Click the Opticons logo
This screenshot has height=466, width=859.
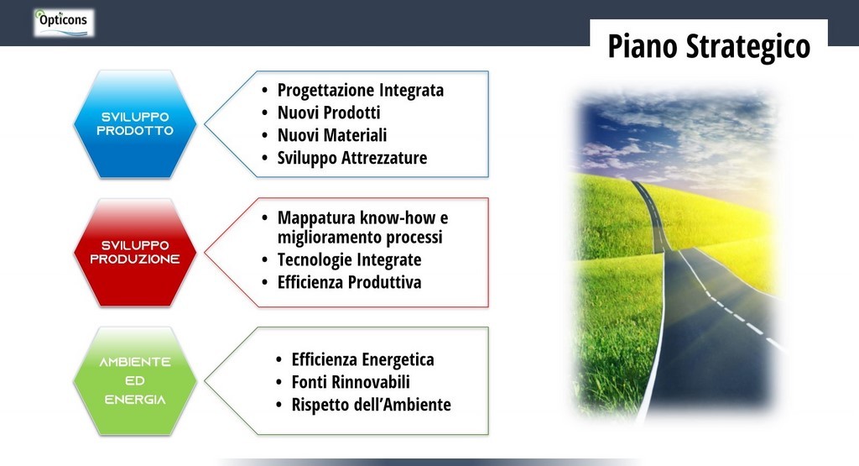coord(64,23)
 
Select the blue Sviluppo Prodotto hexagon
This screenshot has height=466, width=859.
coord(135,124)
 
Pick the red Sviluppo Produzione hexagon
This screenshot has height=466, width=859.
coord(135,252)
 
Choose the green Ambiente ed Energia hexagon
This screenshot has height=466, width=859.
coord(135,381)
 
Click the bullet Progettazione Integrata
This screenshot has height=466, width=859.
coord(361,91)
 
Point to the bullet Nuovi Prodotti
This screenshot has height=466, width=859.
coord(329,113)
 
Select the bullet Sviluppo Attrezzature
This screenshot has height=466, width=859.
coord(352,158)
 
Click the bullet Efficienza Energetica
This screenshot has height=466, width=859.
coord(362,360)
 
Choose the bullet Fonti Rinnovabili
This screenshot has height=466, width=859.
coord(351,382)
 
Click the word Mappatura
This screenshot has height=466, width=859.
coord(316,218)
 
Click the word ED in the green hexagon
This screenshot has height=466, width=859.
coord(135,381)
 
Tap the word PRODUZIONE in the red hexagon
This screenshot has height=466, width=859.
coord(135,259)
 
